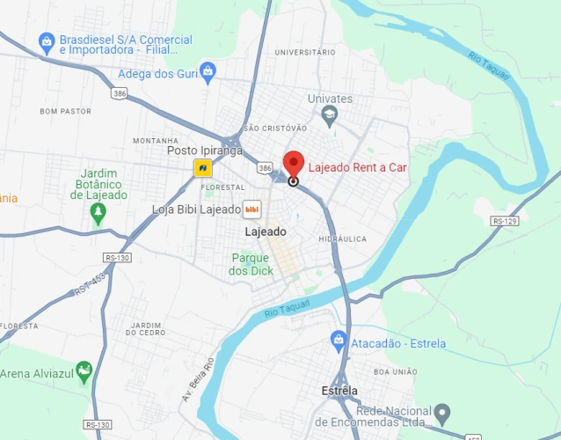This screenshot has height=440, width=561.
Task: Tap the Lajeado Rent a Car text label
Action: coord(358,166)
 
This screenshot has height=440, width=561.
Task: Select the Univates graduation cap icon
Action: coord(329,114)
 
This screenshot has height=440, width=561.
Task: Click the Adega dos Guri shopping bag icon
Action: coord(208,71)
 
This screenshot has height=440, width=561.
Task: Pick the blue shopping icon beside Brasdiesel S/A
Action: coord(47,40)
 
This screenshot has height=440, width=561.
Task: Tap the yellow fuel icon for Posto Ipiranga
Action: coord(203,167)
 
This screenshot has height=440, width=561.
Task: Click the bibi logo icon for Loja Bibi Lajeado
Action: coord(252,209)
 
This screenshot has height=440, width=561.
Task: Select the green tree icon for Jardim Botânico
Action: coord(98,212)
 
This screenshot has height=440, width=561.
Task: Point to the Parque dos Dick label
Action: coord(249,264)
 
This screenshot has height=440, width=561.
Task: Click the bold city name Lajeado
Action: coord(266,231)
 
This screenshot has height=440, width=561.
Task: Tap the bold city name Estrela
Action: coord(339,391)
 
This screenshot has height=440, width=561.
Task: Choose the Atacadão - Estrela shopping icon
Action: coord(339,339)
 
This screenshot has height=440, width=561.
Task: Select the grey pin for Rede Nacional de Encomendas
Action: coord(443,412)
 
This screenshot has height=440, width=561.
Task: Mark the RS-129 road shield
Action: coord(505,221)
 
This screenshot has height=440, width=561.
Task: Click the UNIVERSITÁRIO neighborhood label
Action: coord(304,53)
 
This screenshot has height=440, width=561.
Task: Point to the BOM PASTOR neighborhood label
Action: coord(65,112)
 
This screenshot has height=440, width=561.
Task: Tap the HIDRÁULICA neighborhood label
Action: coord(342,238)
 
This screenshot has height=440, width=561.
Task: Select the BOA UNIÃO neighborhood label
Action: coord(395,371)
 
